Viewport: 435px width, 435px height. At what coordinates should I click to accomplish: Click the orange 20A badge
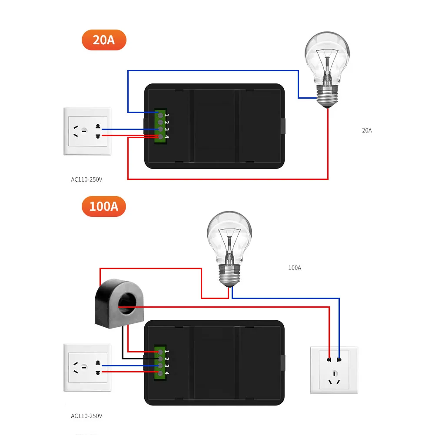pyautogui.click(x=103, y=40)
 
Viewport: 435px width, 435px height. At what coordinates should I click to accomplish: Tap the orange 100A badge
pyautogui.click(x=103, y=206)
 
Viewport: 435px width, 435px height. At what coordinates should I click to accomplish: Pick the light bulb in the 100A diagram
pyautogui.click(x=229, y=248)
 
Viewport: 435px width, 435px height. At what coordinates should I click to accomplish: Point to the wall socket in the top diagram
pyautogui.click(x=87, y=131)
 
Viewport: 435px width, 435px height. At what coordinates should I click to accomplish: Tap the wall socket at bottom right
pyautogui.click(x=334, y=370)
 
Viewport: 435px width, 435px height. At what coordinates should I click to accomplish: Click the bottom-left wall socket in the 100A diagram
pyautogui.click(x=87, y=368)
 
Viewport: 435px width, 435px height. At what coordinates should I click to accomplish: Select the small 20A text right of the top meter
pyautogui.click(x=367, y=130)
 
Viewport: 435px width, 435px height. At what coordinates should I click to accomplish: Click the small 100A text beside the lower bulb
pyautogui.click(x=294, y=268)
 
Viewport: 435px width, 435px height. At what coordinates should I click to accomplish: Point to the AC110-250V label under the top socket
pyautogui.click(x=86, y=179)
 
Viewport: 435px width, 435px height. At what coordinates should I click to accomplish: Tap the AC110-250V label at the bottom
pyautogui.click(x=86, y=416)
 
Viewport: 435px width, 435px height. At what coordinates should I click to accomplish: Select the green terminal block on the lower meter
pyautogui.click(x=160, y=362)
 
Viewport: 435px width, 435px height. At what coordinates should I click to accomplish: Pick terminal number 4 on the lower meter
pyautogui.click(x=160, y=373)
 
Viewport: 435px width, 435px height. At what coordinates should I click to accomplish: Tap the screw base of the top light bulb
pyautogui.click(x=327, y=96)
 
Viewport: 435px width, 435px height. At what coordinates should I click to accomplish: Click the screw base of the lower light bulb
pyautogui.click(x=229, y=275)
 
